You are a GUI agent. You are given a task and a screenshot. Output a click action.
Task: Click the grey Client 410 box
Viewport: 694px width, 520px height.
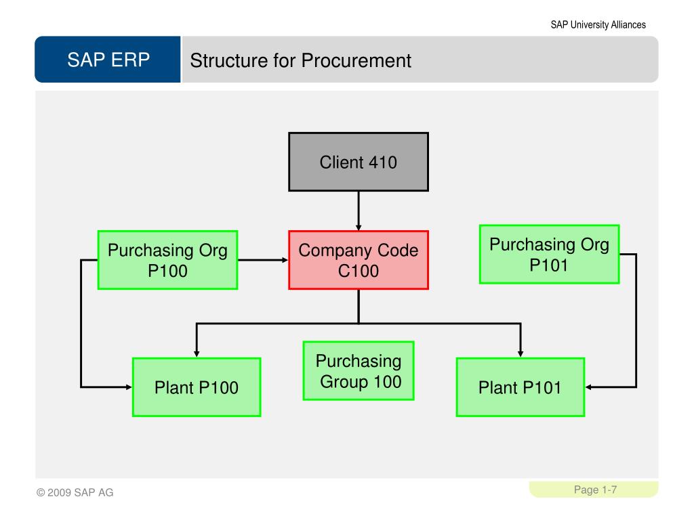point(359,162)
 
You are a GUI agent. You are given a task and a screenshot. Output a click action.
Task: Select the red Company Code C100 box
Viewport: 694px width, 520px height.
point(359,260)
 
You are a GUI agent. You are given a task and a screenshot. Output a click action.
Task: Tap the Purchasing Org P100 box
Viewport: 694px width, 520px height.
point(168,260)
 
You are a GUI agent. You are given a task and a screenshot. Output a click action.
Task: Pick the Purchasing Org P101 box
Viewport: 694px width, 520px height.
point(549,255)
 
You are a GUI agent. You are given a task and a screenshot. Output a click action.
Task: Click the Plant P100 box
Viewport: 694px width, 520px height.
point(197,387)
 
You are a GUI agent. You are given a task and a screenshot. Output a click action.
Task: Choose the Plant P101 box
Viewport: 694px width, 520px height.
point(520,387)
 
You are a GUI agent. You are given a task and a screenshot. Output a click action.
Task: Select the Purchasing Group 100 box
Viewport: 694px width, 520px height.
point(359,370)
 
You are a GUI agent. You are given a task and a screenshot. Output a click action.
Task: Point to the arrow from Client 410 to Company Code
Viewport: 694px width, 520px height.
point(359,211)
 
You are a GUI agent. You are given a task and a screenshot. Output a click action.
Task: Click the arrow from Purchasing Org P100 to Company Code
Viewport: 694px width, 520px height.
point(264,260)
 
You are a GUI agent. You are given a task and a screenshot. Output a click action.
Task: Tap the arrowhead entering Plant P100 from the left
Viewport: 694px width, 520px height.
point(129,387)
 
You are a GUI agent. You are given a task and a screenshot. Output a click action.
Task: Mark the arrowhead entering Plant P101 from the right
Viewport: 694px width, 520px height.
point(589,387)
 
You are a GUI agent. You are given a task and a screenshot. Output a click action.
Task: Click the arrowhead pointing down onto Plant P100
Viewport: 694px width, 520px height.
point(197,353)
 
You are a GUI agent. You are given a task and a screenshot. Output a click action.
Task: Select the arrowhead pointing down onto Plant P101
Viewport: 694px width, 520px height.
point(520,353)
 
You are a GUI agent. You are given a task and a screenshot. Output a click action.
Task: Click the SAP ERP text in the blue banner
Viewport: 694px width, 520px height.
point(108,60)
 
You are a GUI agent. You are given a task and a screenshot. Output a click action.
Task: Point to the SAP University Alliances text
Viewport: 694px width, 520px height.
point(598,25)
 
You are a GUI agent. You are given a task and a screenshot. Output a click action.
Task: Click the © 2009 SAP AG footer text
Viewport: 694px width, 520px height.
point(75,492)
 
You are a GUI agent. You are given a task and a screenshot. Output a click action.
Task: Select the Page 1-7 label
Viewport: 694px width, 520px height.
point(595,490)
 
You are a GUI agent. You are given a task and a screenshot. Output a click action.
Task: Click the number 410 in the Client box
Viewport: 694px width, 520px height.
point(383,162)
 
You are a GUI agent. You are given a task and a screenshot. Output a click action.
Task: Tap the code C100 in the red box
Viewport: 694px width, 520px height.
point(359,271)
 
